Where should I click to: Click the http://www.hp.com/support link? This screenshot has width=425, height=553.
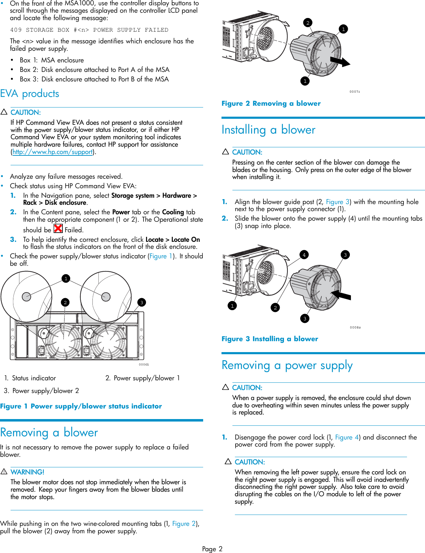coord(53,152)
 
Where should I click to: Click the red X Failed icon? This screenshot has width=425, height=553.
coord(58,229)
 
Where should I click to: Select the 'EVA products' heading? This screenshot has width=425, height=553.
coord(30,94)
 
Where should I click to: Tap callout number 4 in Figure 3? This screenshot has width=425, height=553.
coord(304,254)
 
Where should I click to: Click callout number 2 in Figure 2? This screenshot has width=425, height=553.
coord(308,23)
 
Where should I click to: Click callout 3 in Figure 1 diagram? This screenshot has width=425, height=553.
coord(141,302)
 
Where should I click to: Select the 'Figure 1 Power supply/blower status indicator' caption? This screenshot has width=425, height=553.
coord(81,406)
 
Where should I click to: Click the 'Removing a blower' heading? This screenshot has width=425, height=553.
coord(49,432)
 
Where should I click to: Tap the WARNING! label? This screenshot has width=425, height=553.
coord(27,472)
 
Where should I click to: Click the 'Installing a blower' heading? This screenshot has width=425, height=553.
coord(268,130)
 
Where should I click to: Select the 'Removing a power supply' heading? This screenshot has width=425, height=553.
coord(287,365)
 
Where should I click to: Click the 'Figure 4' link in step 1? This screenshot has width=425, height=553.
coord(347,437)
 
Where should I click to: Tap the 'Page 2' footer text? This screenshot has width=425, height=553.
coord(212,549)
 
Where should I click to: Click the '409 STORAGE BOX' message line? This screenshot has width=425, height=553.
coord(89,30)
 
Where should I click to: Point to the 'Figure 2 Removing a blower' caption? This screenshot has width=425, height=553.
coord(271,103)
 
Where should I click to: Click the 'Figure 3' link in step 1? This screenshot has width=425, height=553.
coord(338,202)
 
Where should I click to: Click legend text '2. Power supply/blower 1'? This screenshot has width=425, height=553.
coord(142,378)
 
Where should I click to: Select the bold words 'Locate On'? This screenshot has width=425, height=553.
coord(186,240)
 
